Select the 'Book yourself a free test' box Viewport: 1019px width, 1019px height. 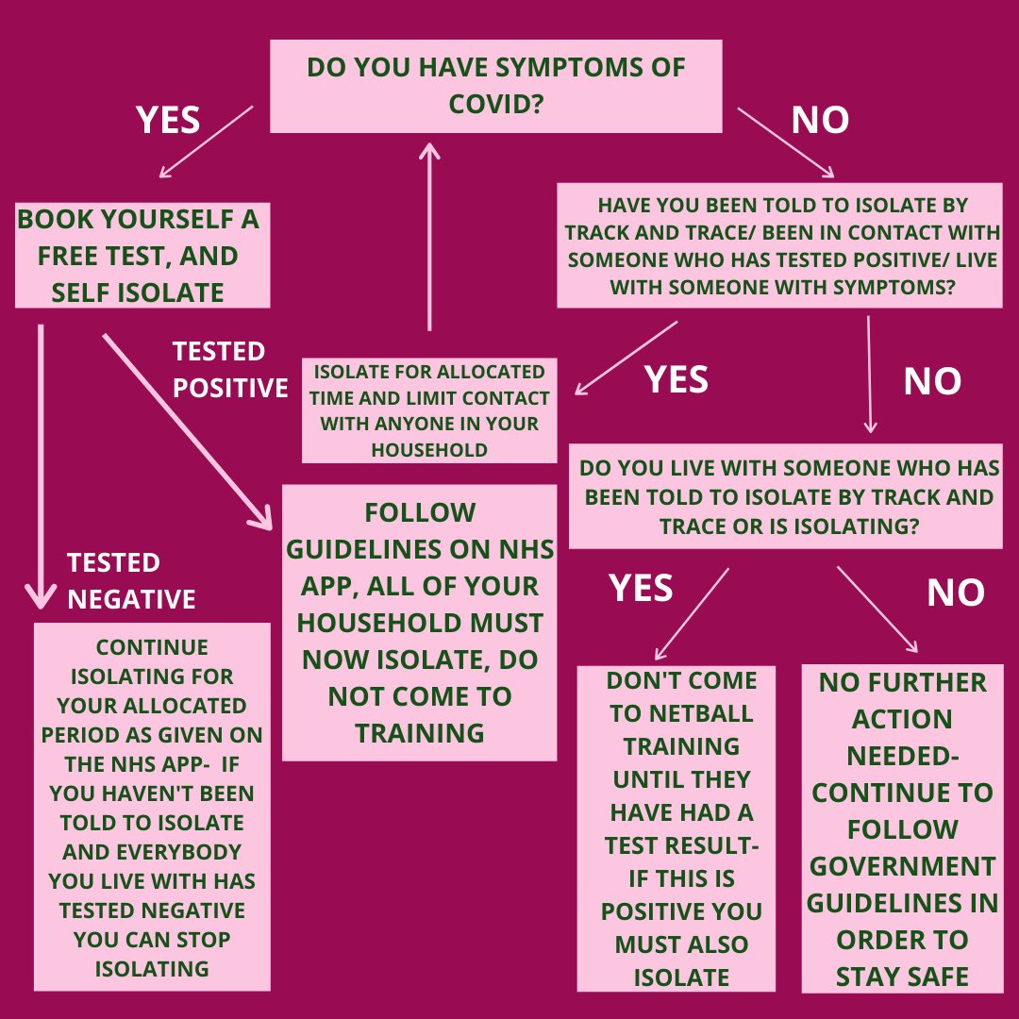point(142,255)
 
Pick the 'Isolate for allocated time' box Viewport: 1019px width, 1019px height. point(428,410)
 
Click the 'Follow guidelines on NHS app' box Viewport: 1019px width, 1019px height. point(419,623)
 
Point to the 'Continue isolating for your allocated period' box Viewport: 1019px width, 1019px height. point(152,807)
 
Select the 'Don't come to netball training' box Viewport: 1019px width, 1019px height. point(676,828)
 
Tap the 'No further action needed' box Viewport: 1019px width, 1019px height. point(901,828)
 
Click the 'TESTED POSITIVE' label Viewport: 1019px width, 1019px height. point(229,369)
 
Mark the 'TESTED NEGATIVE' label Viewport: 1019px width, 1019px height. point(131,580)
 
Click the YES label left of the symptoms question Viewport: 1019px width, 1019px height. point(168,120)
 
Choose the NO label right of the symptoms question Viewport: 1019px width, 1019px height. point(820,120)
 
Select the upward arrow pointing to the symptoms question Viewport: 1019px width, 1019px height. point(429,236)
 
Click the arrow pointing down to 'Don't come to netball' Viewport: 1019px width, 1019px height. point(692,613)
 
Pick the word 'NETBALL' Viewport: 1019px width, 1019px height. point(680,713)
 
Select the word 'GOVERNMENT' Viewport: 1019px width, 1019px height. point(901,866)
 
